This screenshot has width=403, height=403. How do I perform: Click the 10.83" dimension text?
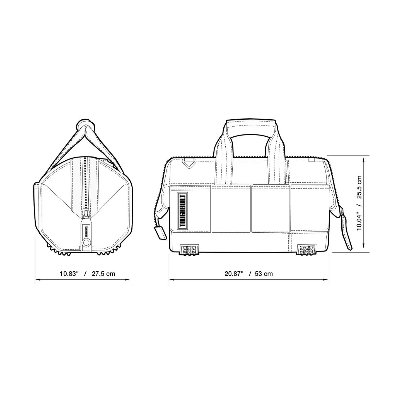coord(69,274)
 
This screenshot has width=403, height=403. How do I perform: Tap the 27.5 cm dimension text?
coord(103,274)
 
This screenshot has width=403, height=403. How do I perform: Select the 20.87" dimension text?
coord(234,274)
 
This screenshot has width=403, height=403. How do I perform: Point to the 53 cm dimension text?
coord(264,274)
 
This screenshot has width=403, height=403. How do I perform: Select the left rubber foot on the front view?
coord(189,250)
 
